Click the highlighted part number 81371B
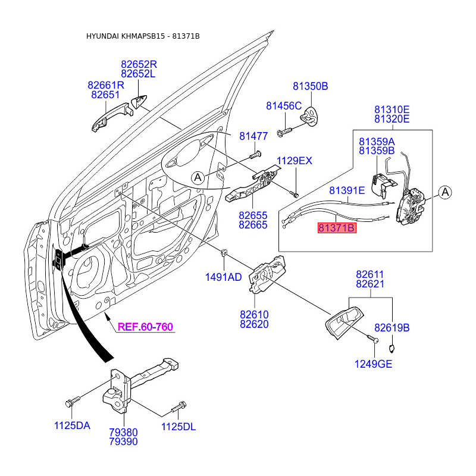pyautogui.click(x=337, y=228)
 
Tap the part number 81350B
pyautogui.click(x=310, y=86)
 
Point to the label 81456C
pyautogui.click(x=284, y=106)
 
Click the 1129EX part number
pyautogui.click(x=294, y=161)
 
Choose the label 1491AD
pyautogui.click(x=223, y=277)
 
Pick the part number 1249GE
pyautogui.click(x=374, y=364)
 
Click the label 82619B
pyautogui.click(x=392, y=328)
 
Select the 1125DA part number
pyautogui.click(x=72, y=426)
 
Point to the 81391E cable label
pyautogui.click(x=347, y=191)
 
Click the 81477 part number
pyautogui.click(x=253, y=136)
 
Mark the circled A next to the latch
pyautogui.click(x=445, y=192)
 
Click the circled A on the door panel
pyautogui.click(x=198, y=177)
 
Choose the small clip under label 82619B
pyautogui.click(x=392, y=348)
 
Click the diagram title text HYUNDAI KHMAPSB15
pyautogui.click(x=125, y=37)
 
